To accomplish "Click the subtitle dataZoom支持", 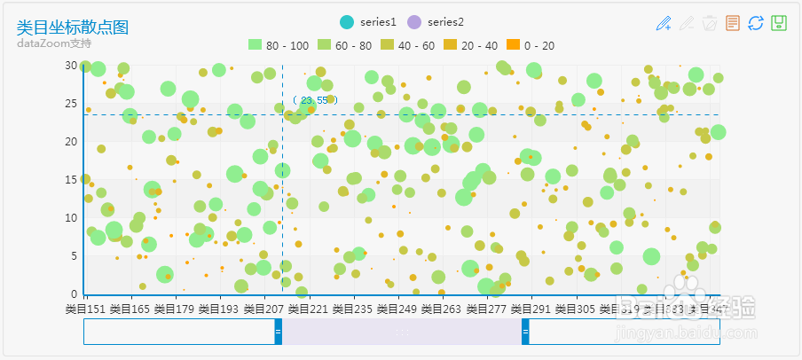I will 53,43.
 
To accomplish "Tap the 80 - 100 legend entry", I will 277,45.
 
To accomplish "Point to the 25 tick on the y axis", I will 71,104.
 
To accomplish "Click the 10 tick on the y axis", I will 71,217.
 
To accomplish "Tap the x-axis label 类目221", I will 306,309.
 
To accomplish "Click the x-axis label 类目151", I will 85,309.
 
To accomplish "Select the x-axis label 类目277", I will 485,309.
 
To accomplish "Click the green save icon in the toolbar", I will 779,24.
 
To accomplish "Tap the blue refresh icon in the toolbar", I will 756,24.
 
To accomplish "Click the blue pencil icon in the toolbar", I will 664,24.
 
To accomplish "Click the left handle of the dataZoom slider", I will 278,331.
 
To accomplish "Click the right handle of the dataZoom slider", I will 525,331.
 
